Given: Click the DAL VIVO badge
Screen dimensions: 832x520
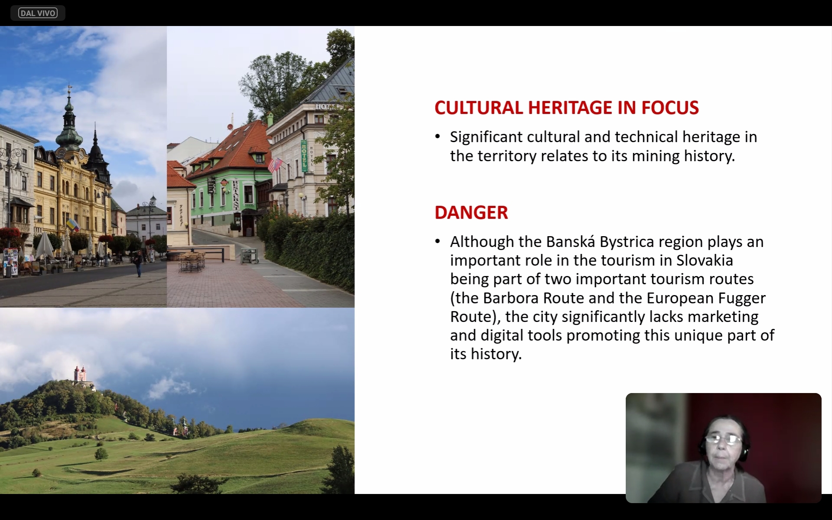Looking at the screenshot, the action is click(38, 13).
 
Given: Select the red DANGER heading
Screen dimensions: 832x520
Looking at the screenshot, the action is click(471, 212).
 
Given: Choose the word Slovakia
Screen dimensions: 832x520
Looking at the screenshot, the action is click(705, 260).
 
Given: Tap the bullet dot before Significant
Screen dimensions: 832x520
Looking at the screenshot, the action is click(438, 137).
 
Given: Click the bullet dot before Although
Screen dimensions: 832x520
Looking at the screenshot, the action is click(438, 242).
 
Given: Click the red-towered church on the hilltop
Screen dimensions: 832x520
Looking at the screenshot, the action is click(80, 375).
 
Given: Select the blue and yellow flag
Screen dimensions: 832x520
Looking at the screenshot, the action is click(73, 225).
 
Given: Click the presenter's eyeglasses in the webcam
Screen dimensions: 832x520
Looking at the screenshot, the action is click(724, 440).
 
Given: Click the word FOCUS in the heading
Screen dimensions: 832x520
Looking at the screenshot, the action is click(670, 108).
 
